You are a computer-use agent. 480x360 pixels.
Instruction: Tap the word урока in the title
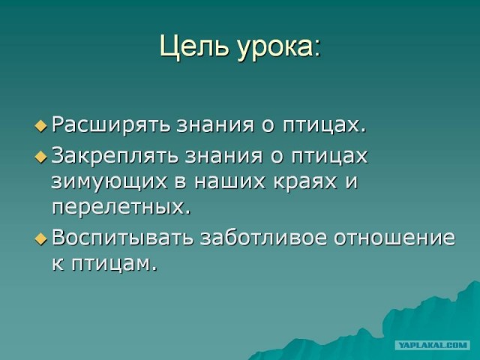(277, 46)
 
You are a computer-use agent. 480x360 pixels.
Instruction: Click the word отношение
(394, 238)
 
